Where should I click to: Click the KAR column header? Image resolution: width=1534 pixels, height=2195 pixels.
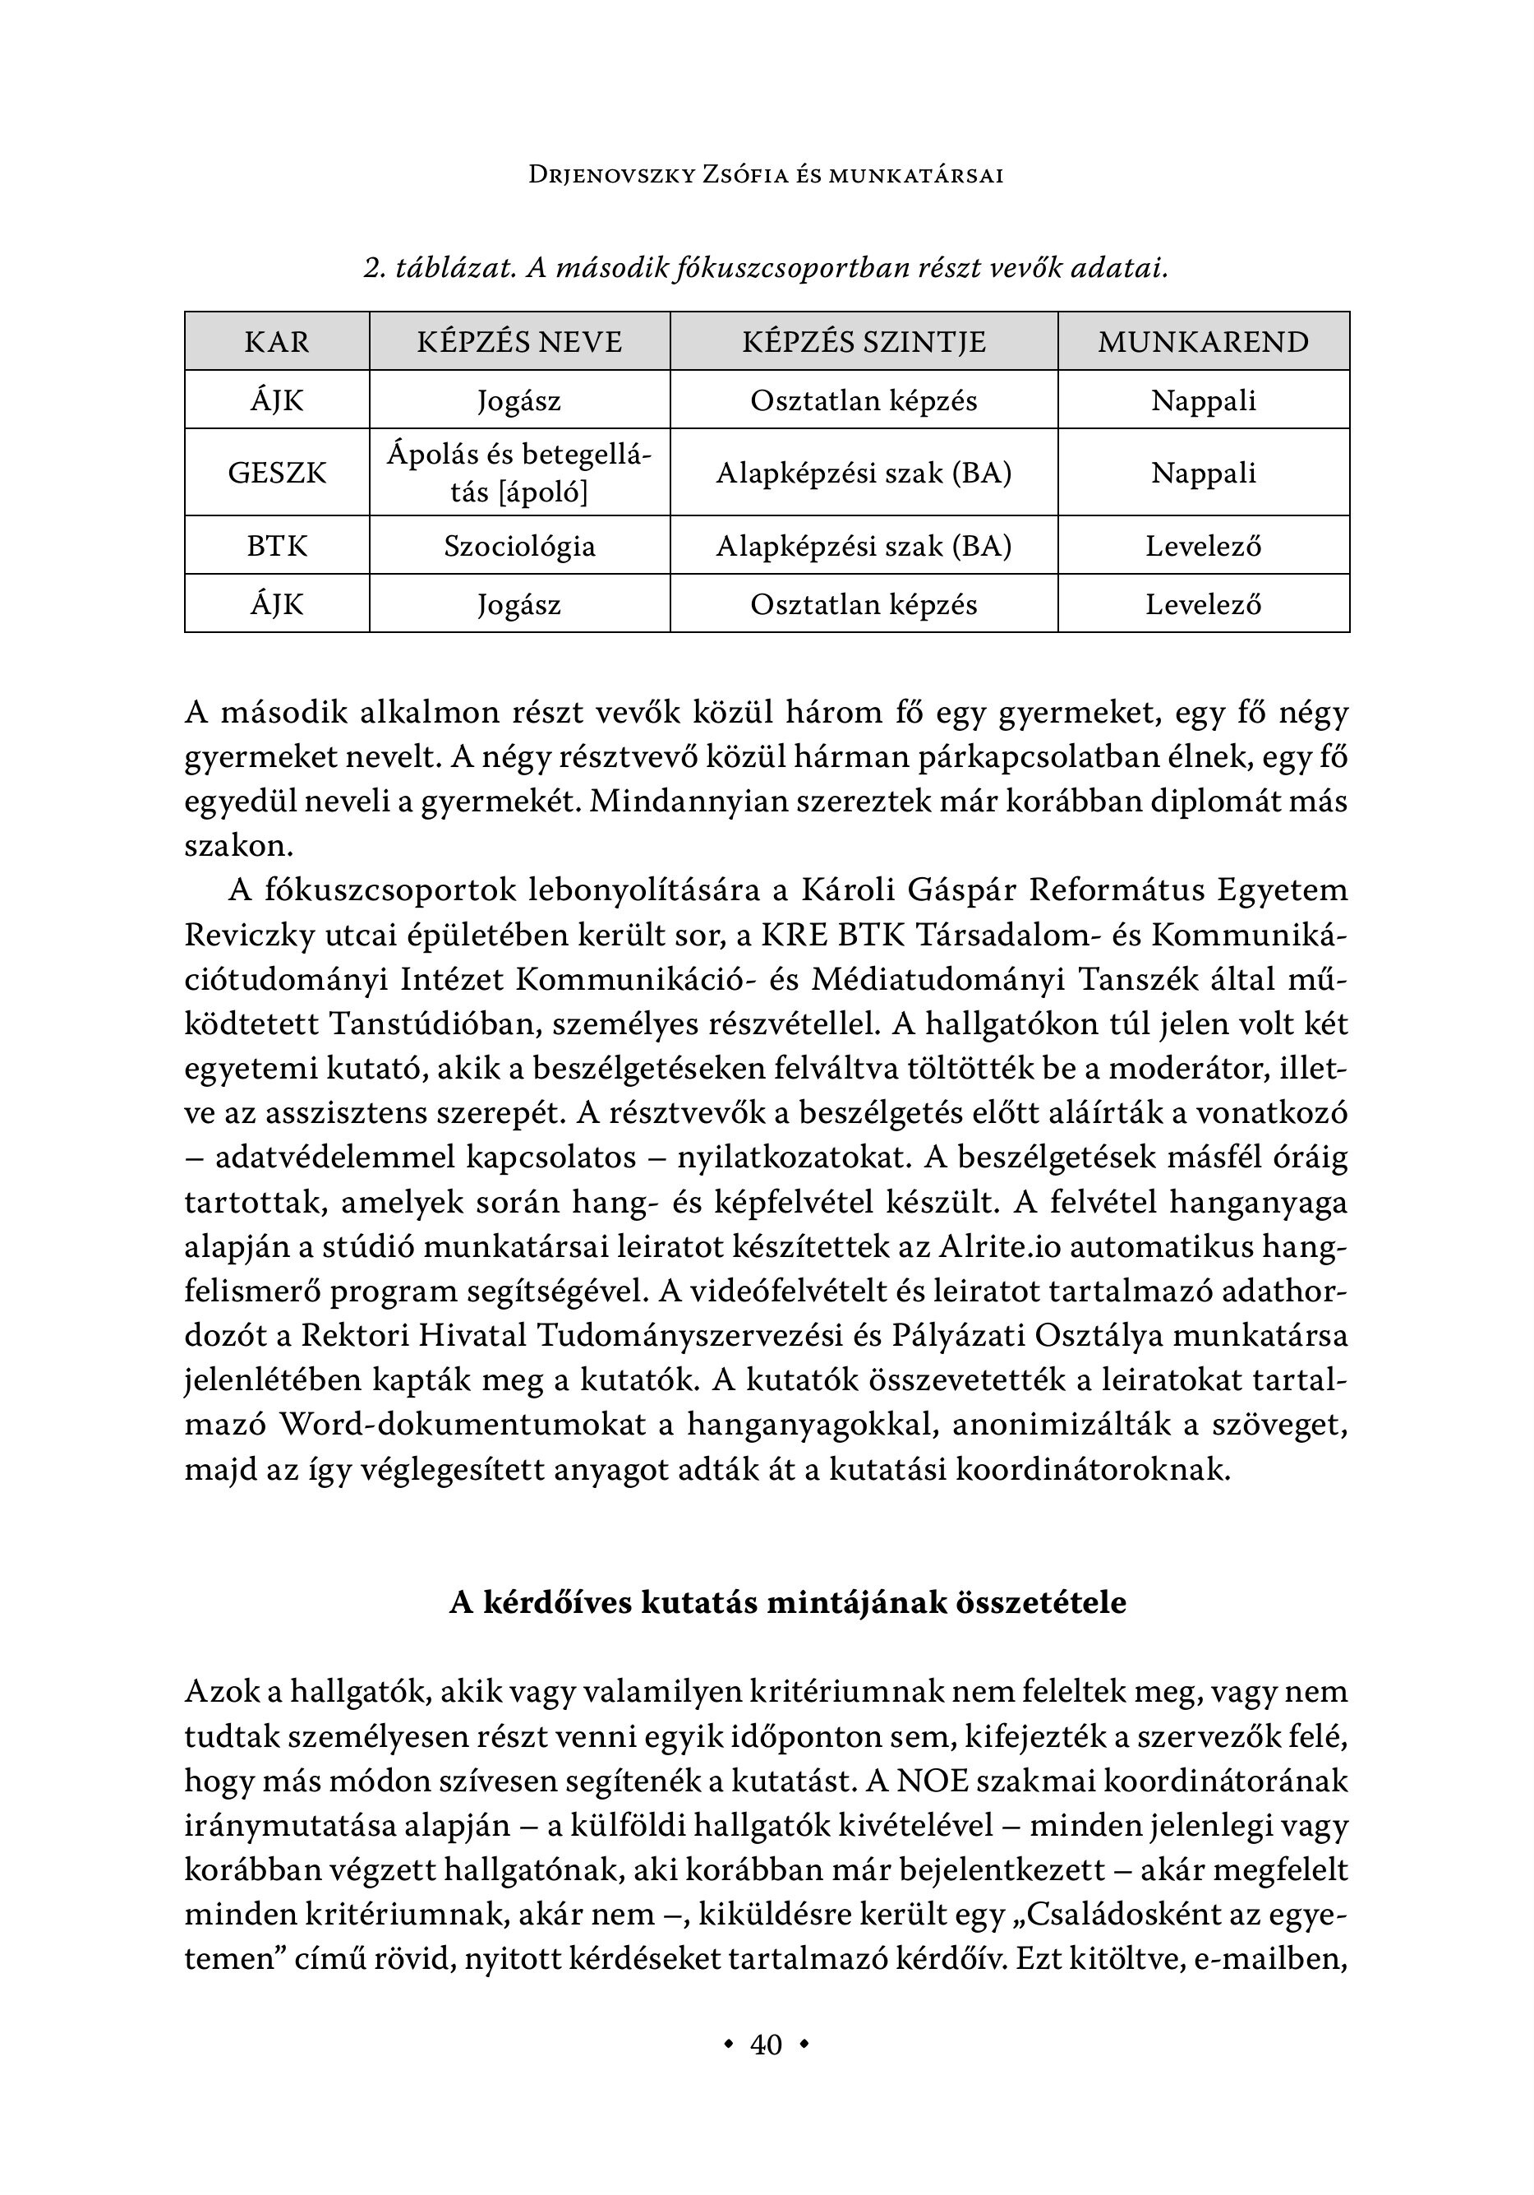277,341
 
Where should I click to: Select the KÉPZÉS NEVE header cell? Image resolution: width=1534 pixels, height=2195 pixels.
519,341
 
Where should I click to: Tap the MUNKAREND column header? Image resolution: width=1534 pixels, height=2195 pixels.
1204,341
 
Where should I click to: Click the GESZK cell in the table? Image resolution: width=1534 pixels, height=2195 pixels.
277,472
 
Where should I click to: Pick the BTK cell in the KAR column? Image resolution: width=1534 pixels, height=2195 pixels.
277,546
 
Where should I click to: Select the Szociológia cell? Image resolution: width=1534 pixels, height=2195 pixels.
519,546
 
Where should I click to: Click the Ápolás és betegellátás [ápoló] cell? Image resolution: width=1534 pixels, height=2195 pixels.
519,472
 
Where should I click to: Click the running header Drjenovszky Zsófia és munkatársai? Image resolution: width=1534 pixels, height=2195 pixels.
767,176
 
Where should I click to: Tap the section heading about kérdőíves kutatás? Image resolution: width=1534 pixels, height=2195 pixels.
788,1602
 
